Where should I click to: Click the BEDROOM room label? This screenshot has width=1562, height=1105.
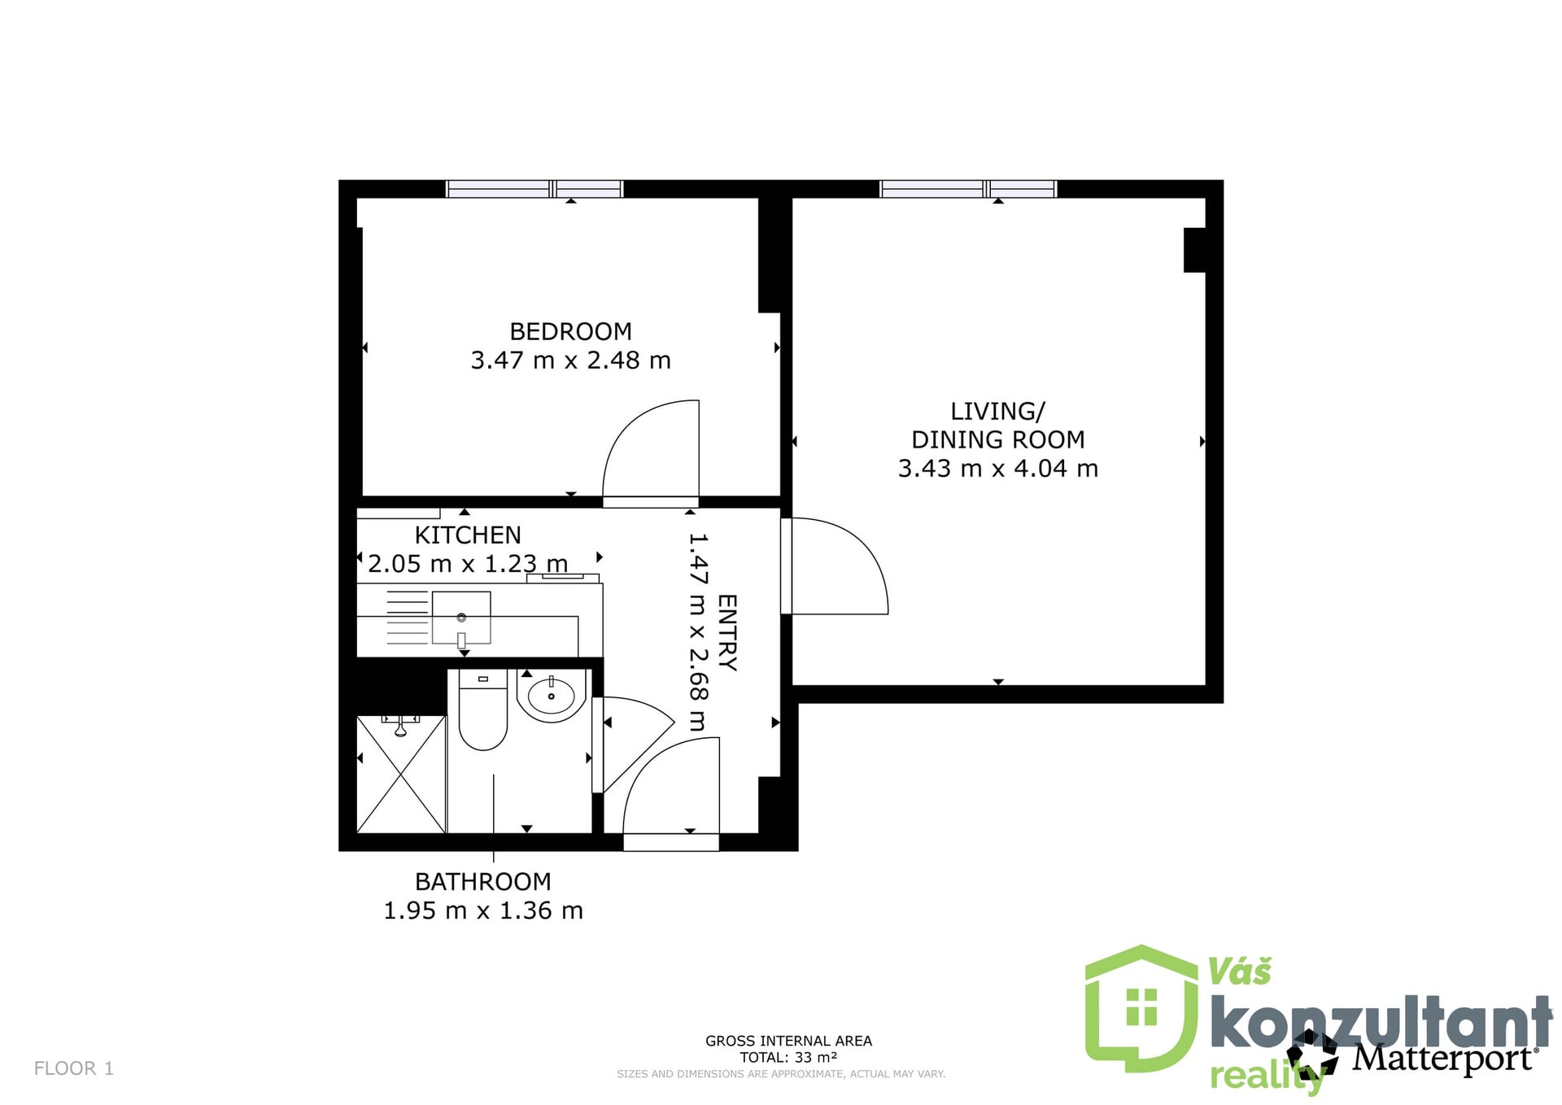point(570,331)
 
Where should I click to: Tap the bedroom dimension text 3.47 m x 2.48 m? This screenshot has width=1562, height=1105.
point(570,360)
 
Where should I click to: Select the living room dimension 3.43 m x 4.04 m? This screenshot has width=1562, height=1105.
point(997,468)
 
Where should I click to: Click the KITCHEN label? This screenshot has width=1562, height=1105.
point(468,535)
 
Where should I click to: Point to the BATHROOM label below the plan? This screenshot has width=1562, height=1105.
point(483,881)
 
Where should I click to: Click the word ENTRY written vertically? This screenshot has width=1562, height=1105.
point(726,632)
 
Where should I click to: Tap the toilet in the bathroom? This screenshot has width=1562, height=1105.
point(483,709)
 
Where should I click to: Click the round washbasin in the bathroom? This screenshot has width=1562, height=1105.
point(552,696)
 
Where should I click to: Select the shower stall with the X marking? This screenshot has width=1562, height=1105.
point(401,774)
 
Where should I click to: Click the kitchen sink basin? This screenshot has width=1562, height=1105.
point(461,618)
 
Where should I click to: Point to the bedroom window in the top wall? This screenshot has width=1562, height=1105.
point(534,189)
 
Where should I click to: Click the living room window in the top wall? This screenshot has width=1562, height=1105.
point(968,189)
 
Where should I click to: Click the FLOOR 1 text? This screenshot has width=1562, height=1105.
point(74,1068)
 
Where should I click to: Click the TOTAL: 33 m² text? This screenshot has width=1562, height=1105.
point(788,1057)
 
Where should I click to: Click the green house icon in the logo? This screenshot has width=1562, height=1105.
point(1141,1009)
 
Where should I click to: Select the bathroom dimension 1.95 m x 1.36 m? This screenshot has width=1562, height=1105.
point(483,911)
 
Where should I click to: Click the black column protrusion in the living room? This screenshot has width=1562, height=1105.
point(1194,250)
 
